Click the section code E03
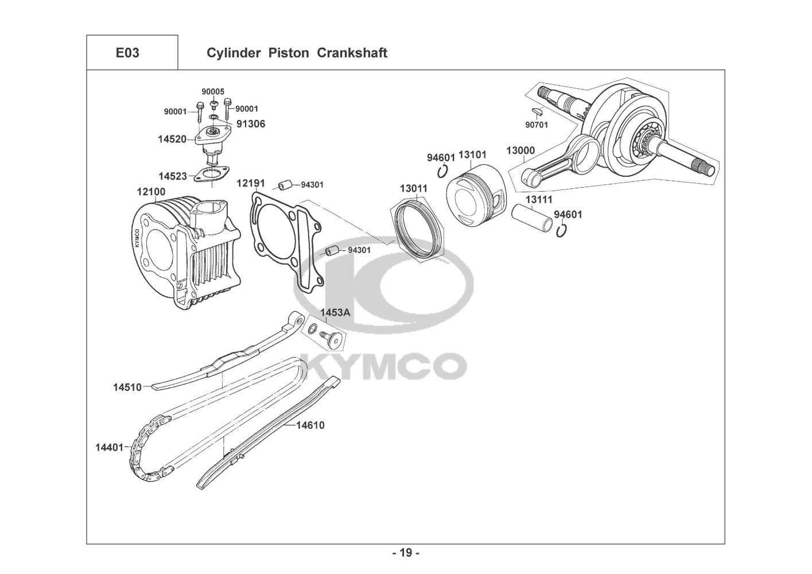[x=127, y=53]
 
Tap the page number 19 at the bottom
[x=406, y=553]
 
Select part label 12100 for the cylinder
[x=151, y=191]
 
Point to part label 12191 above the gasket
[x=251, y=183]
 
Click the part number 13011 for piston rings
[x=414, y=188]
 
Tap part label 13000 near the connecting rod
[x=520, y=151]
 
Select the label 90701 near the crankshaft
[x=537, y=124]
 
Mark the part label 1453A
[x=335, y=312]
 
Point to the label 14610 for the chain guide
[x=310, y=425]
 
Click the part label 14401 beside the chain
[x=109, y=447]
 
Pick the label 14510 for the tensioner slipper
[x=127, y=387]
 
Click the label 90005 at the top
[x=212, y=92]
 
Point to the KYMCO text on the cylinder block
[x=137, y=238]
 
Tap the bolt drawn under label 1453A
[x=332, y=340]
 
